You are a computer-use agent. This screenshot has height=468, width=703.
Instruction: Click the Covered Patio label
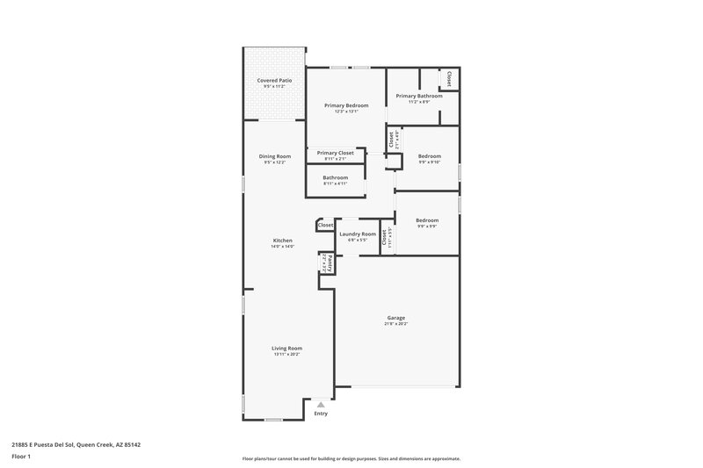click(274, 80)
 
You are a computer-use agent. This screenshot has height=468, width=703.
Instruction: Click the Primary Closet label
click(335, 153)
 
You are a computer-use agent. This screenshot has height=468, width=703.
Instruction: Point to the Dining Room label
click(274, 156)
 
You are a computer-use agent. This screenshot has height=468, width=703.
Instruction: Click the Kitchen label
click(282, 241)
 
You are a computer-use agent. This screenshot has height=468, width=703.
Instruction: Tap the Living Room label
click(287, 348)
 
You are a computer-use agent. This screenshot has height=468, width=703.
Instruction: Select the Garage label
click(395, 318)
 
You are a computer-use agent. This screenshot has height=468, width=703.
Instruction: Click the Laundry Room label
click(358, 234)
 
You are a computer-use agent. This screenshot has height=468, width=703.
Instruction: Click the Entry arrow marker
click(321, 405)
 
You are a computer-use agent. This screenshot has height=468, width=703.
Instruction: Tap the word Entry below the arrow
click(321, 414)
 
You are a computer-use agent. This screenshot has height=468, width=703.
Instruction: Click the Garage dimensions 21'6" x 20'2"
click(395, 324)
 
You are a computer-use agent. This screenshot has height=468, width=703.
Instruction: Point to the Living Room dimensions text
click(287, 354)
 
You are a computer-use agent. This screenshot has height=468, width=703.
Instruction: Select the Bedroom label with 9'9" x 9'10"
click(429, 156)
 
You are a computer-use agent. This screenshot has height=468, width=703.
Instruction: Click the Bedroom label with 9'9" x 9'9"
click(426, 220)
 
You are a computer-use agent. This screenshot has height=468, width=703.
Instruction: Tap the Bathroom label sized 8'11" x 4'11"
click(335, 177)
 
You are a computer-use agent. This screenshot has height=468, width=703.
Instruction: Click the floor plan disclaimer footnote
click(351, 458)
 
